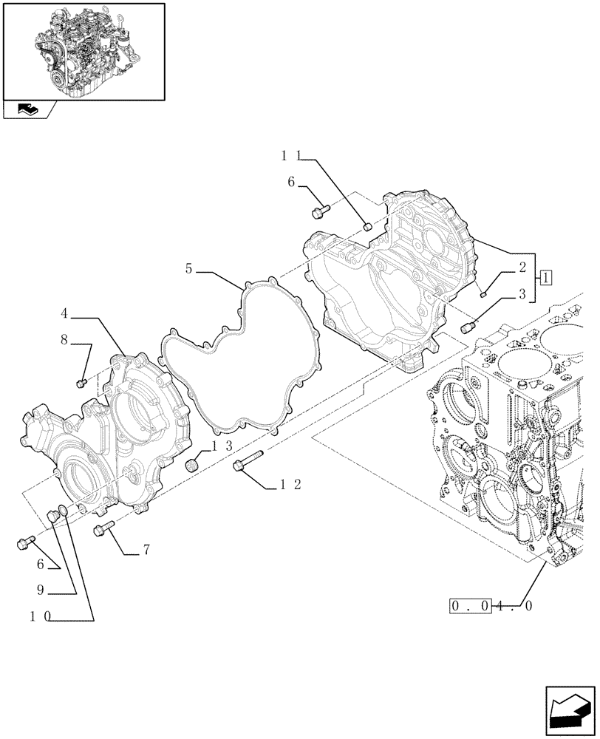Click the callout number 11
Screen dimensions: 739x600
pos(291,156)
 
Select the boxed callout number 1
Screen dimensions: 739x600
pos(545,279)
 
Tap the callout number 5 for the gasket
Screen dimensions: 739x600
pos(189,270)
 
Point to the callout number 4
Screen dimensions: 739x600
pos(65,314)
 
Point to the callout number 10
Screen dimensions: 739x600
pos(41,618)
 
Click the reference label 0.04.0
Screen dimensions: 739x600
pos(491,606)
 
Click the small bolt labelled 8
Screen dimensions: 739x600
pos(82,382)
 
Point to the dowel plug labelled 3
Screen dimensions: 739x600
pos(467,325)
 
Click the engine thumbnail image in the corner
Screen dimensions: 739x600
pos(83,51)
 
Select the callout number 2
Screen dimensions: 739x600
pos(522,268)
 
